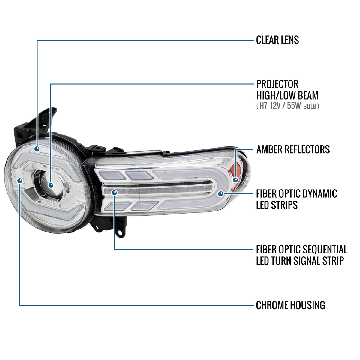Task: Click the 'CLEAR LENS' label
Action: coord(277,40)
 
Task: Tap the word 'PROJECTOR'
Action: coord(277,84)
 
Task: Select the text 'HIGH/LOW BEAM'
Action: coord(287,95)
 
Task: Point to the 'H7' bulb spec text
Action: coord(263,106)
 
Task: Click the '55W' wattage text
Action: coord(294,106)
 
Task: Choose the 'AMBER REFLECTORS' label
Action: coord(293,149)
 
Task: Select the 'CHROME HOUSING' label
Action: coord(291,305)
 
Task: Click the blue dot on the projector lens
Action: coord(51,185)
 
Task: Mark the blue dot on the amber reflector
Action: coord(235,180)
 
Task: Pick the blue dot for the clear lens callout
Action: coord(37,149)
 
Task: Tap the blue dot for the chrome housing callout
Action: coord(20,181)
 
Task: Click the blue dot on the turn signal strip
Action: coord(114,193)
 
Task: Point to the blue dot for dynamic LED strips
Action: coord(221,193)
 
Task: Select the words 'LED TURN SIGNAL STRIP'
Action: coord(300,261)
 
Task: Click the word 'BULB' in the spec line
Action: coord(310,106)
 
